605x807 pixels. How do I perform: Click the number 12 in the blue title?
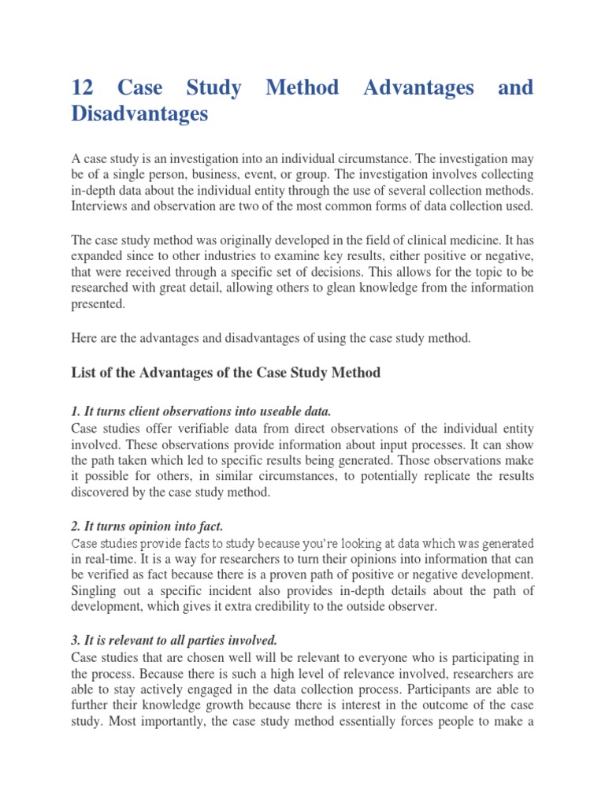83,87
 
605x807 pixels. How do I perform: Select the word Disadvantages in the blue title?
139,114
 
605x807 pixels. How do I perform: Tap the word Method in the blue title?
302,87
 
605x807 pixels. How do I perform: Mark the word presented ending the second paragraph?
98,303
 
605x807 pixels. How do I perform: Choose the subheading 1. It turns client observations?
201,411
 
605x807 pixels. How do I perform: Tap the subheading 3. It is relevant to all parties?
174,642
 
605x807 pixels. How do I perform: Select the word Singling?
95,590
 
